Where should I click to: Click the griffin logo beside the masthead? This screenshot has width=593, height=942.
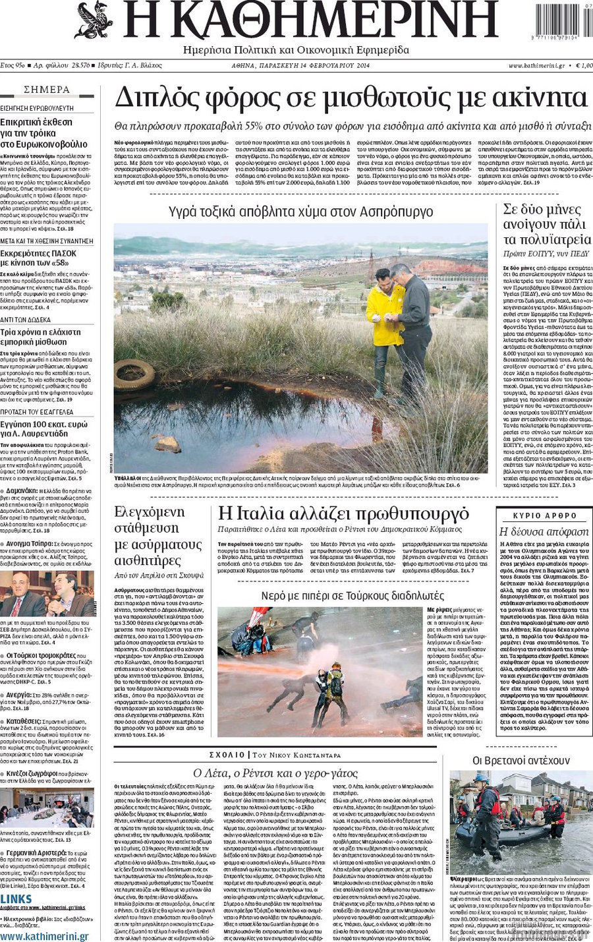pos(94,20)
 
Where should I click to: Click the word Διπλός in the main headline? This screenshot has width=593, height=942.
pos(156,99)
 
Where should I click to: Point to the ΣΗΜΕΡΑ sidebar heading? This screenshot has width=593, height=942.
pos(47,90)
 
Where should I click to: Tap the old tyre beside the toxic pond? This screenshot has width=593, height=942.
pos(134,374)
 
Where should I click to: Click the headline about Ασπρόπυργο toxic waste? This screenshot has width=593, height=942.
pos(300,212)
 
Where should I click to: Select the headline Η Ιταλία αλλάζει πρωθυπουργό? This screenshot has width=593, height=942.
pos(343,514)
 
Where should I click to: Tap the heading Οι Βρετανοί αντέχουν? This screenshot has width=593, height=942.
pos(521,760)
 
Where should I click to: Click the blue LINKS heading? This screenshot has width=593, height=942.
pos(16,899)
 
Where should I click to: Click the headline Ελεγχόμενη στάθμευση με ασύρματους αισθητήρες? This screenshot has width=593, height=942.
pos(158,537)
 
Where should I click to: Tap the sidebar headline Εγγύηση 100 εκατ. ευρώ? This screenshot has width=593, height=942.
pos(43,429)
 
